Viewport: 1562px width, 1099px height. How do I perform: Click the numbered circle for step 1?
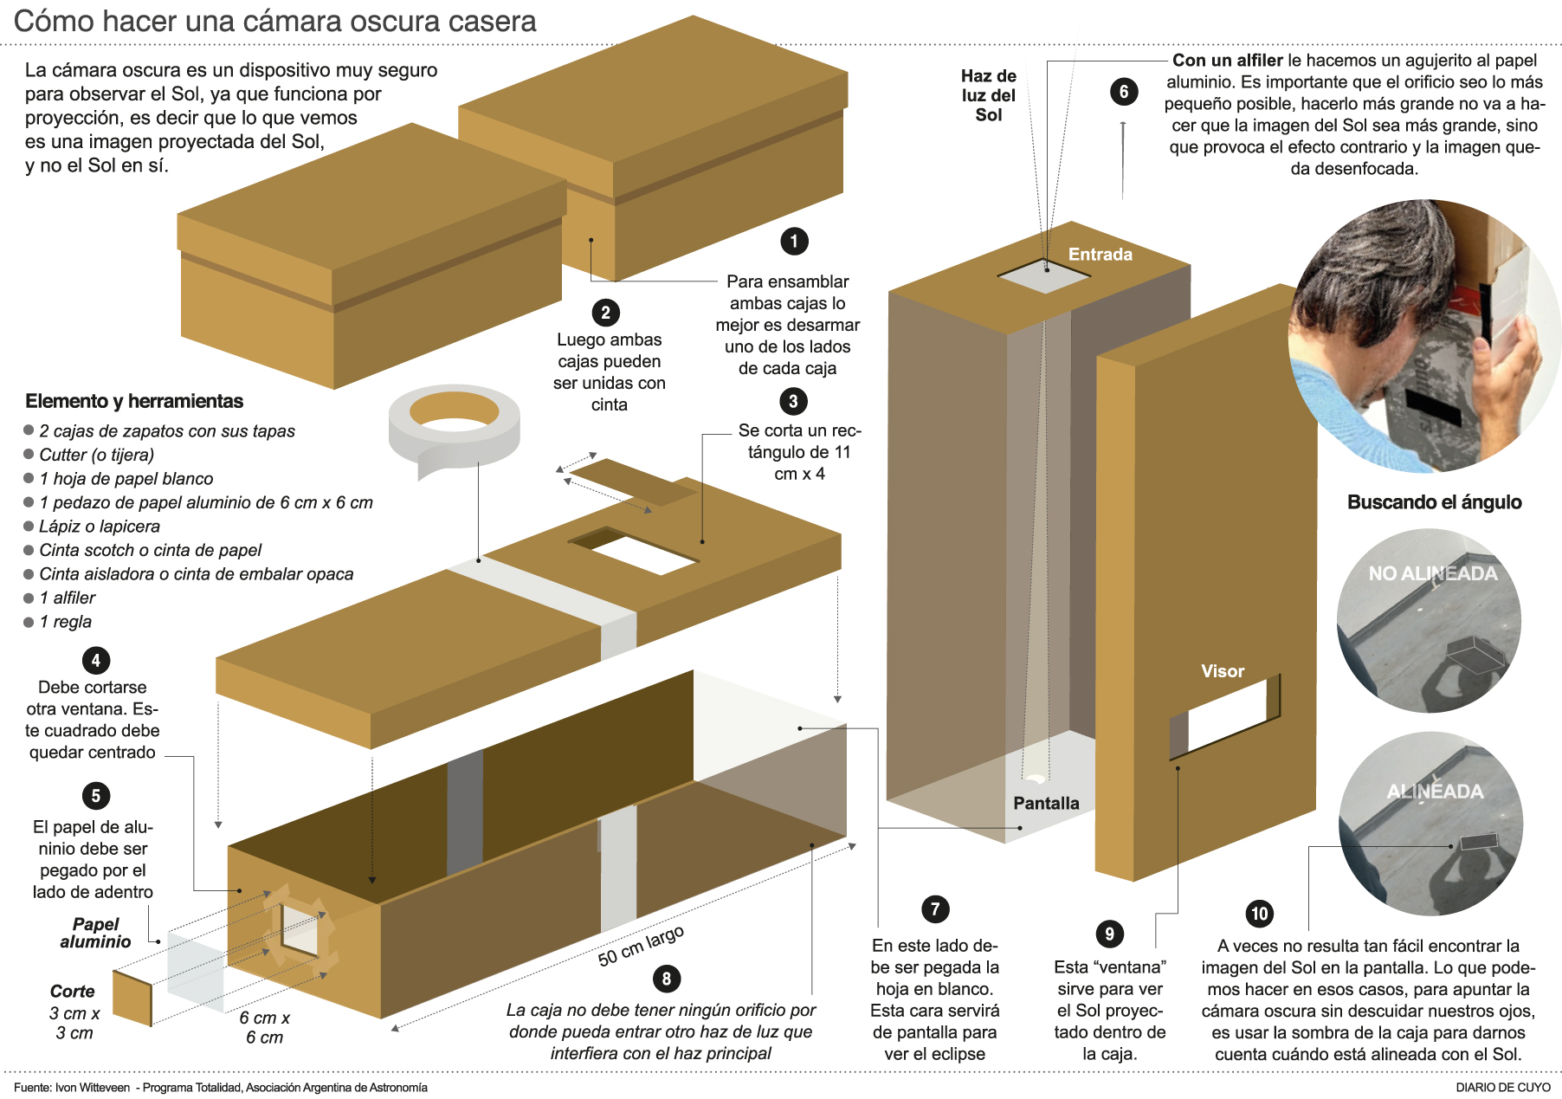click(x=794, y=241)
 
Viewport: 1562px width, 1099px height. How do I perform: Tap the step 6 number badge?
click(x=1124, y=92)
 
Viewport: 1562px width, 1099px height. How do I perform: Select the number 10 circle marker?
click(x=1259, y=913)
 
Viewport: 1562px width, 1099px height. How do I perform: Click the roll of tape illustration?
click(x=454, y=426)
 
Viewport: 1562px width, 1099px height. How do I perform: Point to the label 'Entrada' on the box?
click(x=1100, y=255)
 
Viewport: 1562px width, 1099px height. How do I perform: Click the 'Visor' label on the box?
click(x=1222, y=671)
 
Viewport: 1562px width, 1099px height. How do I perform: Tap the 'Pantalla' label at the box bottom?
click(x=1046, y=804)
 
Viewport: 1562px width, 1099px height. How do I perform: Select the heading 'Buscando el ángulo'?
click(x=1434, y=502)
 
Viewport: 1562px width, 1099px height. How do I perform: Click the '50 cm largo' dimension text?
click(x=641, y=945)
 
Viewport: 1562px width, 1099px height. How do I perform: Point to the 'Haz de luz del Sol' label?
click(x=989, y=95)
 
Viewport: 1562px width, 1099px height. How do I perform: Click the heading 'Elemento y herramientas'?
click(x=134, y=401)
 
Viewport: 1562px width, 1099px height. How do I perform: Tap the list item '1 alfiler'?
click(x=68, y=598)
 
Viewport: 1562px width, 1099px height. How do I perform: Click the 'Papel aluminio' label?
click(x=95, y=933)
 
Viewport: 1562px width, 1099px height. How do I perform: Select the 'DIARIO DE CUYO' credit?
click(x=1502, y=1087)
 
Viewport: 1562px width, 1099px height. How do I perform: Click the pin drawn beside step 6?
click(x=1123, y=160)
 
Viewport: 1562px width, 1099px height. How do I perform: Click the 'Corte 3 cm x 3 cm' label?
click(x=74, y=1012)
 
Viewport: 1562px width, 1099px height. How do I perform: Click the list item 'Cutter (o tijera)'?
click(x=96, y=455)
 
